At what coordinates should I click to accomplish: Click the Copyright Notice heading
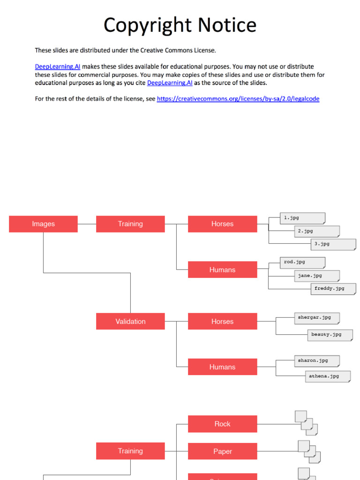pos(180,25)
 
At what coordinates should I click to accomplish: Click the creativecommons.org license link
pos(238,99)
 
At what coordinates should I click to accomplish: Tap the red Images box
pos(43,224)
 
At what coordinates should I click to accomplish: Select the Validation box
pos(130,322)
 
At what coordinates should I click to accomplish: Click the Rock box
pos(222,424)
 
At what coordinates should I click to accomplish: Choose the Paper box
pos(222,451)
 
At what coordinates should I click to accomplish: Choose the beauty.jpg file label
pos(327,335)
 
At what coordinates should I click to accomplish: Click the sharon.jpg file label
pos(314,361)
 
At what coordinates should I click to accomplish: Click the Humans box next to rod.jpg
pos(222,270)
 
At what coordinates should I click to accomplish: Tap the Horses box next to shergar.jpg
pos(222,322)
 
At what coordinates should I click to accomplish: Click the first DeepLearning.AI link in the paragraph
pos(54,67)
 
